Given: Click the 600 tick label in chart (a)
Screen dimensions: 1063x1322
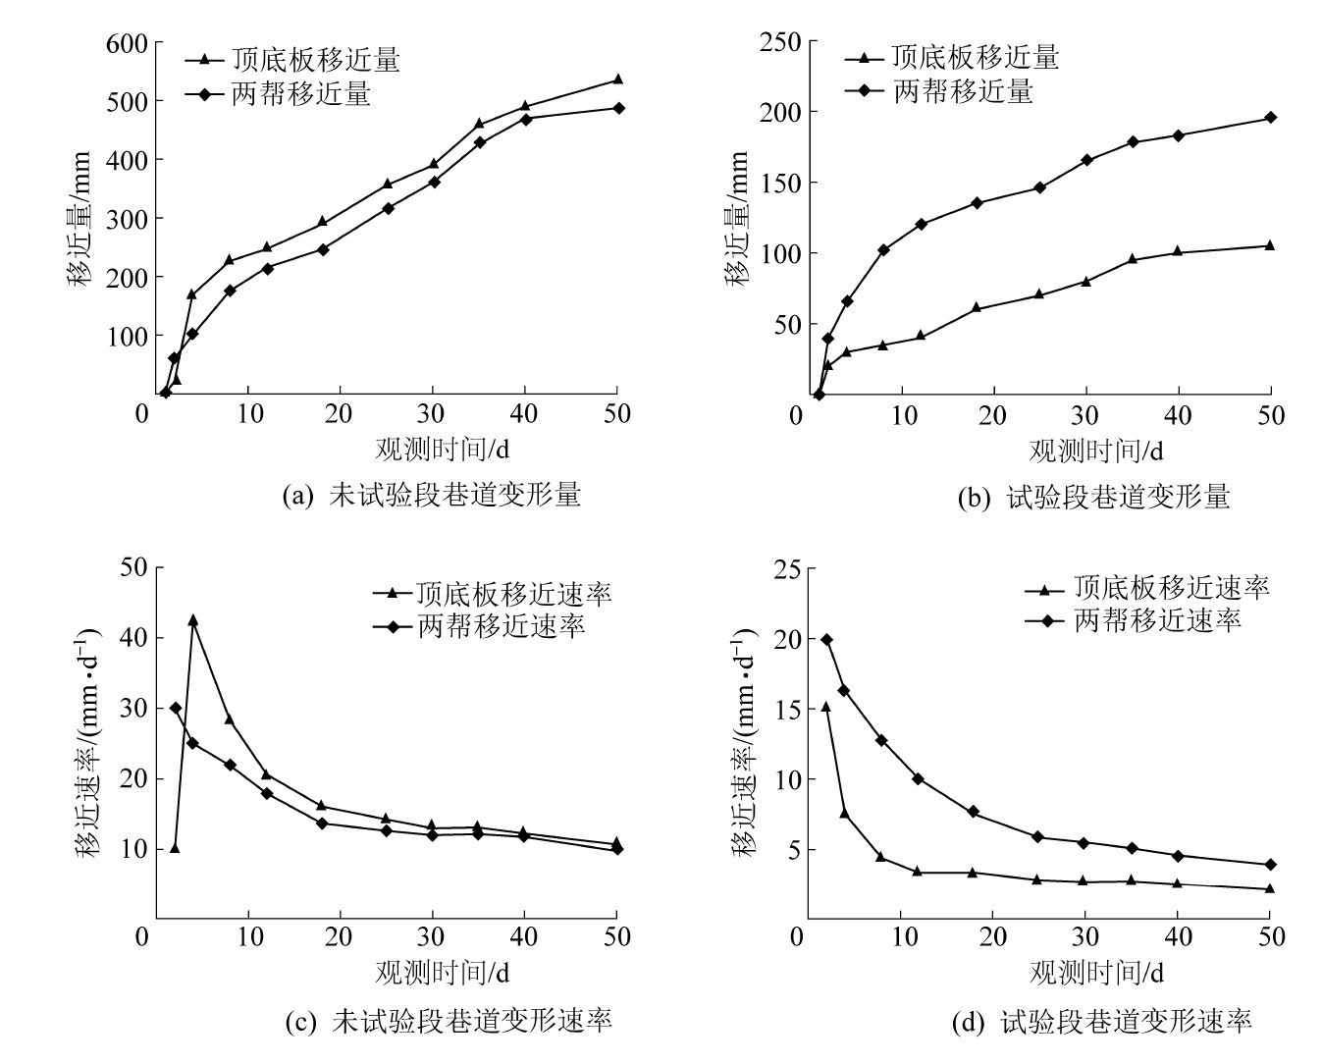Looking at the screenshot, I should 128,44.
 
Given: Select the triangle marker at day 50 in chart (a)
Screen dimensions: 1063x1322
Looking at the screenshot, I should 617,80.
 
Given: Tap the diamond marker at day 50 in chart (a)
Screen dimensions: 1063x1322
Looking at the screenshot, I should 618,108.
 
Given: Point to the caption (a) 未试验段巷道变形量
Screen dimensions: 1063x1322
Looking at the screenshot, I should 432,495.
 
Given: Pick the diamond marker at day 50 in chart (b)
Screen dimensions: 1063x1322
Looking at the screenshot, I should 1270,118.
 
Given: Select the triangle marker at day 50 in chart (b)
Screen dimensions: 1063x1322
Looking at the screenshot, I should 1270,245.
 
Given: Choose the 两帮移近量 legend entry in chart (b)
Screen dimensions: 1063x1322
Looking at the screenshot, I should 963,91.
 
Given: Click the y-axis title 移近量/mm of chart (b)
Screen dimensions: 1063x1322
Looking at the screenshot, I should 738,218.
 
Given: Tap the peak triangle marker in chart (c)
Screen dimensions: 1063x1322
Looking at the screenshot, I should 192,620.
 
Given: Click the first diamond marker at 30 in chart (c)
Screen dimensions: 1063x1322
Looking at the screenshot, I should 176,708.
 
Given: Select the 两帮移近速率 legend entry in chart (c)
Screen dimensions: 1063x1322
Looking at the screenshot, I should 502,625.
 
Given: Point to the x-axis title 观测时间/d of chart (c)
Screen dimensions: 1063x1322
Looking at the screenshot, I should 442,972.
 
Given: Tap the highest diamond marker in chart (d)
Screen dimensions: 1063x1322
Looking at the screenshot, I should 826,640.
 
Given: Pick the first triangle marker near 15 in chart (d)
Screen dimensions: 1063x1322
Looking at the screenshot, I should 825,706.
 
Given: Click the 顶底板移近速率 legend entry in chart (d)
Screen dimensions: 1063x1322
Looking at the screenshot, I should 1171,588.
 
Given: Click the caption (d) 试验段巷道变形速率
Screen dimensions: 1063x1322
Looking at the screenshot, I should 1102,1022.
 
